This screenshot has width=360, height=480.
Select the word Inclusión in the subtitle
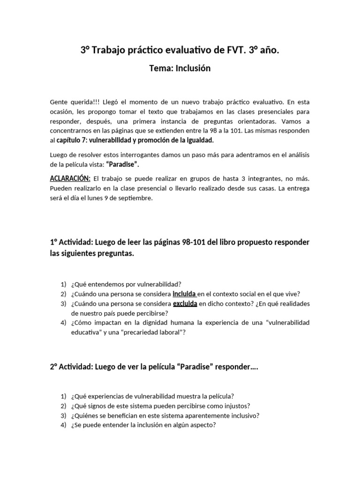point(193,68)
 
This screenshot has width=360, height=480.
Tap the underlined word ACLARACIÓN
point(69,178)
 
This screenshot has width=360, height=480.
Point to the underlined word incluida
point(184,294)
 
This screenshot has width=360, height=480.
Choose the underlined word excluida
point(185,304)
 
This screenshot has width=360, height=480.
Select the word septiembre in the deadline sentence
point(136,198)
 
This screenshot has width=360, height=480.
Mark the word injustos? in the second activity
point(234,405)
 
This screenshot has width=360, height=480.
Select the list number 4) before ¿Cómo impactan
point(63,323)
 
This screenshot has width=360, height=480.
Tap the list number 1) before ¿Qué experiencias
point(63,396)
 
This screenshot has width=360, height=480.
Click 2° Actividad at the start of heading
point(70,367)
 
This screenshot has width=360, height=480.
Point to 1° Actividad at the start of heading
point(70,242)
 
